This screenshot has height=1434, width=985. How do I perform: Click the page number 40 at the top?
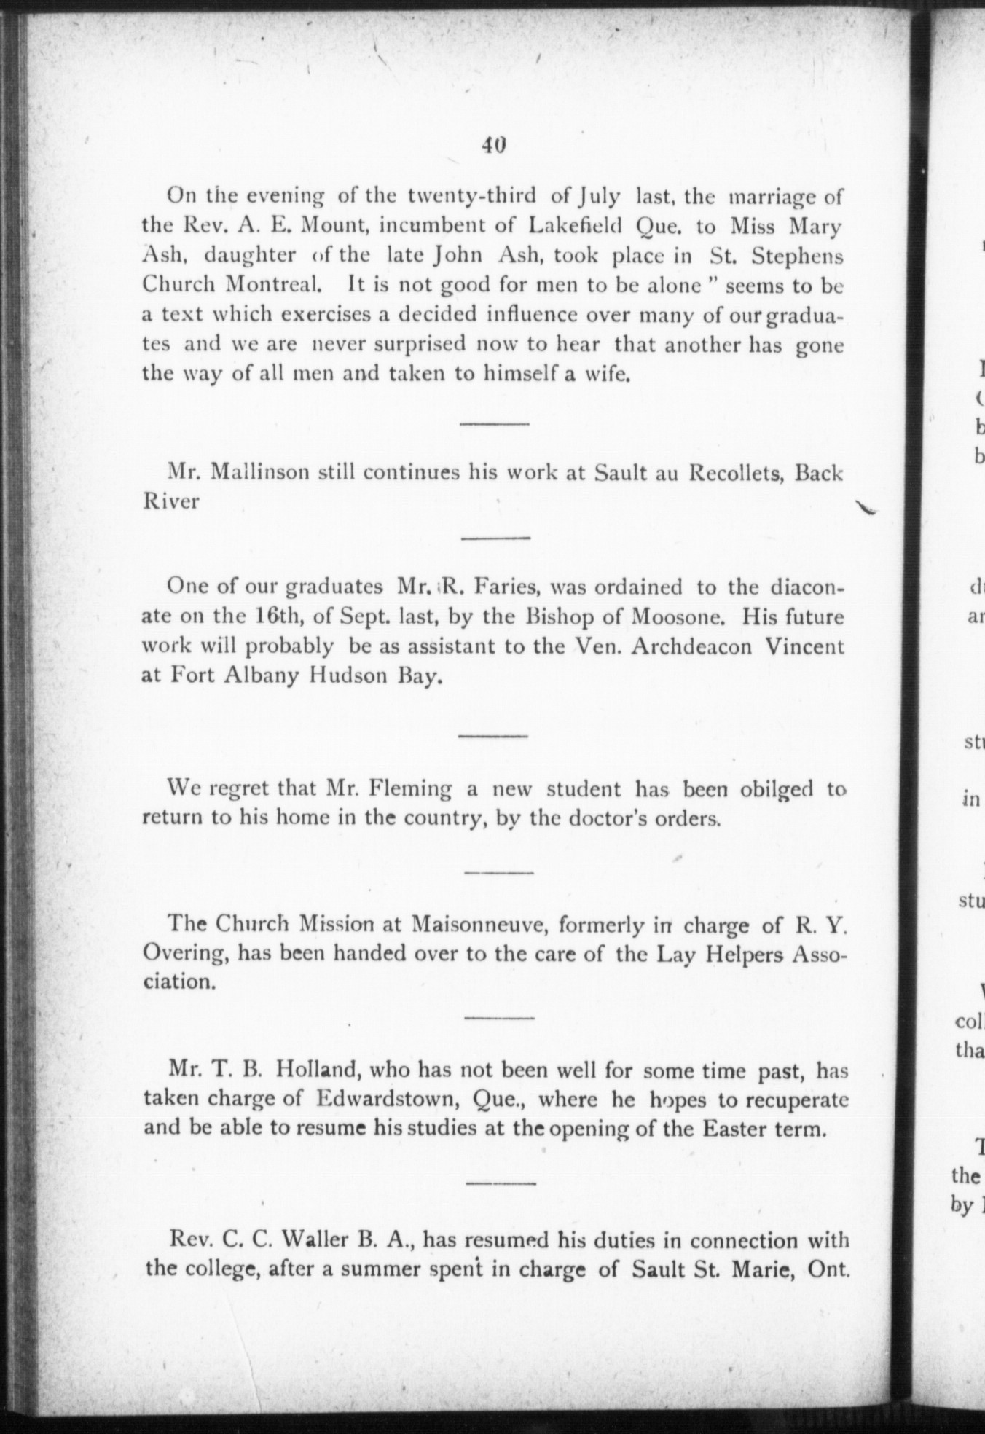pos(493,145)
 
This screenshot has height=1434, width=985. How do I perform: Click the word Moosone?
pos(677,617)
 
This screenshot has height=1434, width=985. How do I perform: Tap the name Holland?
pos(321,1071)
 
